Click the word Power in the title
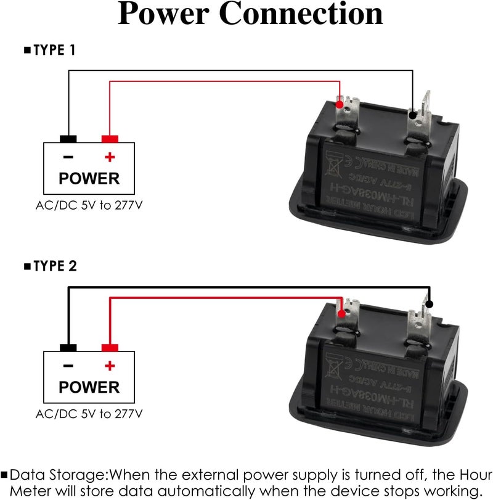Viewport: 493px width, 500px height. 163,14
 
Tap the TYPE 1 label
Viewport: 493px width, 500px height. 54,50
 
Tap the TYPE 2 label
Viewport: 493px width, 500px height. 54,266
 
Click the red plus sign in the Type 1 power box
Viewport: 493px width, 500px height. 110,157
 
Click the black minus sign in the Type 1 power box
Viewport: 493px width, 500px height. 68,157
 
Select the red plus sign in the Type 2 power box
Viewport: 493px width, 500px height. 110,366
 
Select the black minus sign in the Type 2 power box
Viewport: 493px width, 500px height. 68,366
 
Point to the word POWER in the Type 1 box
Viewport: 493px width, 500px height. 89,179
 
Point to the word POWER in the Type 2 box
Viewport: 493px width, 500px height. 89,387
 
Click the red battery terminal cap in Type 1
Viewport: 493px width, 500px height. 110,139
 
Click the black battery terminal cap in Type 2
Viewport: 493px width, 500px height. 68,348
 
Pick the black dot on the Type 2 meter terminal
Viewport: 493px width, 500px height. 429,303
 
